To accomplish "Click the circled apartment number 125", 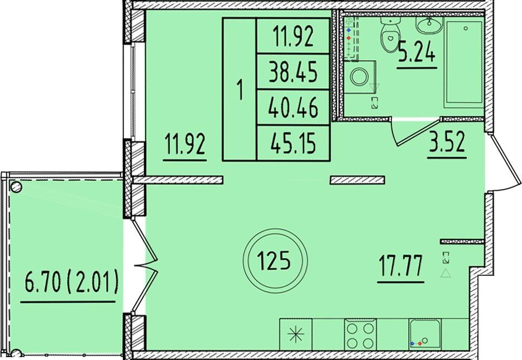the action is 275,261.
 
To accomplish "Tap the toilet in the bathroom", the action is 390,33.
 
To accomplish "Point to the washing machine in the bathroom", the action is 360,77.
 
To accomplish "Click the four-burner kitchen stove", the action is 360,334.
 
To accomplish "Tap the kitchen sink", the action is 425,334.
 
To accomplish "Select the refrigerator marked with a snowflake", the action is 296,334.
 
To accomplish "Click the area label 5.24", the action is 417,53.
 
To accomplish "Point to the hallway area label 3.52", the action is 447,142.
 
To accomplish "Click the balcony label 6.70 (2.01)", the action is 71,282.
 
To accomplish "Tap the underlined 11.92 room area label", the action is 185,145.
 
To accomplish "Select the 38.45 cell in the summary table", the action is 293,71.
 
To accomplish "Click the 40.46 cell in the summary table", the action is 293,108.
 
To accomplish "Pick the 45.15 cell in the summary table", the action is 293,143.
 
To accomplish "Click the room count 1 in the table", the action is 240,90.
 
